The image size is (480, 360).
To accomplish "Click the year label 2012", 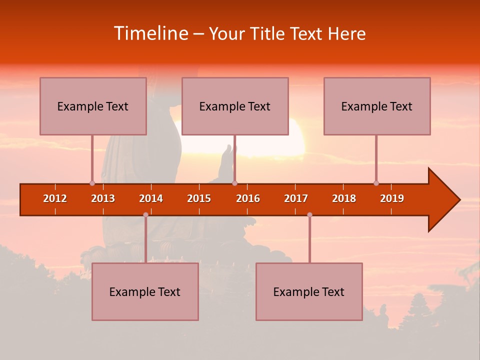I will pos(55,198).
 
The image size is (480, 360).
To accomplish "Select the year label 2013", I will pos(103,198).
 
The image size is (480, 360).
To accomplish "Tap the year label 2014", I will pos(151,198).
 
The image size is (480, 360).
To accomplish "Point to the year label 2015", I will pos(199,198).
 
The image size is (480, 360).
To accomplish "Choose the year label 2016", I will pos(248,198).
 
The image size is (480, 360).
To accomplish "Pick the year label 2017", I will pos(296,198).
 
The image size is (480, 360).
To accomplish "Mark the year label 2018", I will pos(344,198).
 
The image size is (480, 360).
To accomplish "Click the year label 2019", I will pos(392,198).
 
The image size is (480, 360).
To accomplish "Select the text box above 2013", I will pos(93,106).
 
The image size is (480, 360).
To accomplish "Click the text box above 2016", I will pos(235,106).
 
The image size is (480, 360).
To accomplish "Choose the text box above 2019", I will pos(377,106).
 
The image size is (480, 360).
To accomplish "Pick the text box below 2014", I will pos(145,291).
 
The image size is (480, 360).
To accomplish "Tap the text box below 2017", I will pos(309,291).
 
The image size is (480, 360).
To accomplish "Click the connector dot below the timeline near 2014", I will pos(145,214).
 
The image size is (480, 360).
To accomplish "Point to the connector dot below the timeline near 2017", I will pos(309,214).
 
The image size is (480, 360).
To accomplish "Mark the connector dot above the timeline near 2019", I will pos(376,183).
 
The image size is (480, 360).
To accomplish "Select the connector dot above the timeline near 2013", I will pos(92,183).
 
